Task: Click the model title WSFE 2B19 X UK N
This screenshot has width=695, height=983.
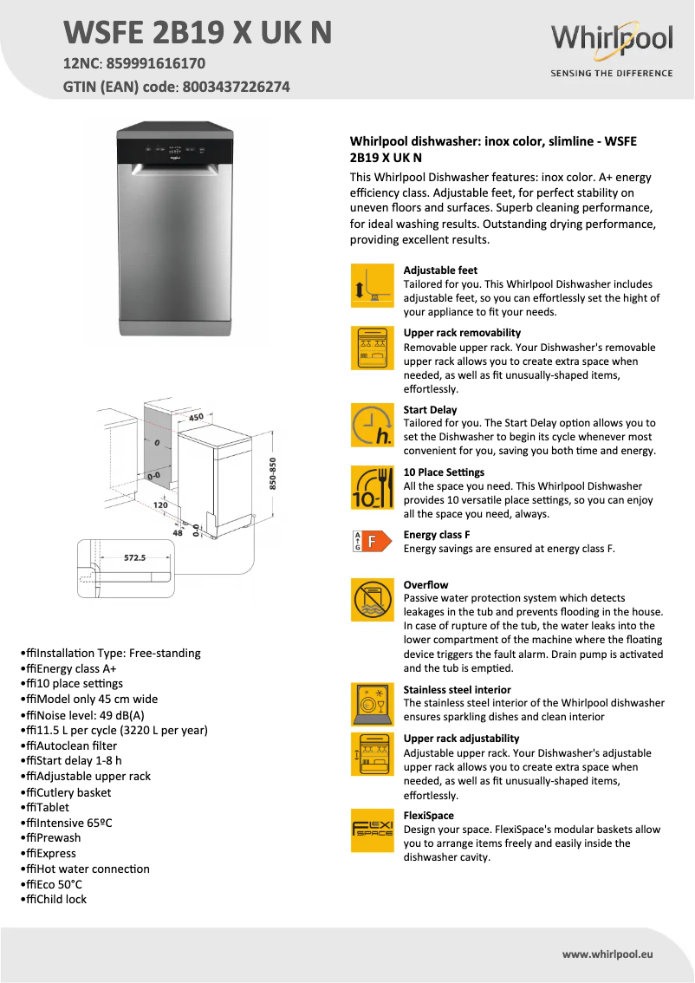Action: (x=198, y=32)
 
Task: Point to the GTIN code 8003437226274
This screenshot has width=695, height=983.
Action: (x=237, y=87)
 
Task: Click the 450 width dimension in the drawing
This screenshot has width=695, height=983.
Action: (x=196, y=418)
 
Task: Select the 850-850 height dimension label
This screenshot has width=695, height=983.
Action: (x=272, y=474)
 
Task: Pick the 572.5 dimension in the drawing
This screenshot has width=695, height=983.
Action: (x=134, y=558)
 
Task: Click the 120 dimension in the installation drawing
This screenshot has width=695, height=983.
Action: (x=160, y=505)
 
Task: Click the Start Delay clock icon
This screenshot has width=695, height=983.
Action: (x=372, y=425)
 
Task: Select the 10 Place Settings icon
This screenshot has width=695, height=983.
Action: (x=372, y=487)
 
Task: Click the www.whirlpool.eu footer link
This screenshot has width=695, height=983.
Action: (x=607, y=954)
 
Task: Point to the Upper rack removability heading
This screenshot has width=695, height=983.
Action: (x=462, y=333)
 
